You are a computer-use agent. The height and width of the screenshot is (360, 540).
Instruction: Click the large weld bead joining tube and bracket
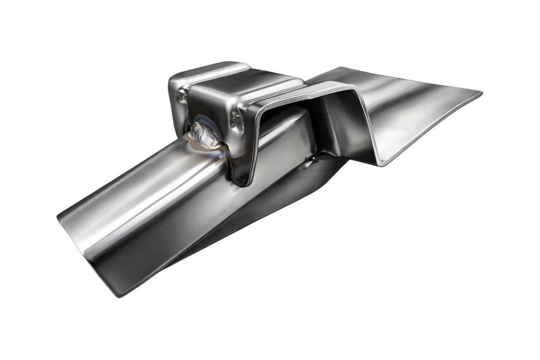(x=205, y=134)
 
